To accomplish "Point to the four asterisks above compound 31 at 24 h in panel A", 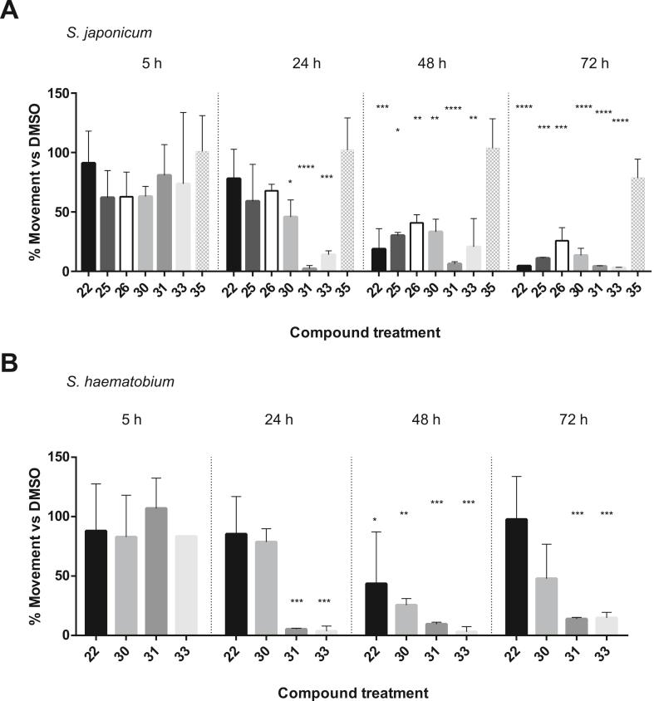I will (307, 168).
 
